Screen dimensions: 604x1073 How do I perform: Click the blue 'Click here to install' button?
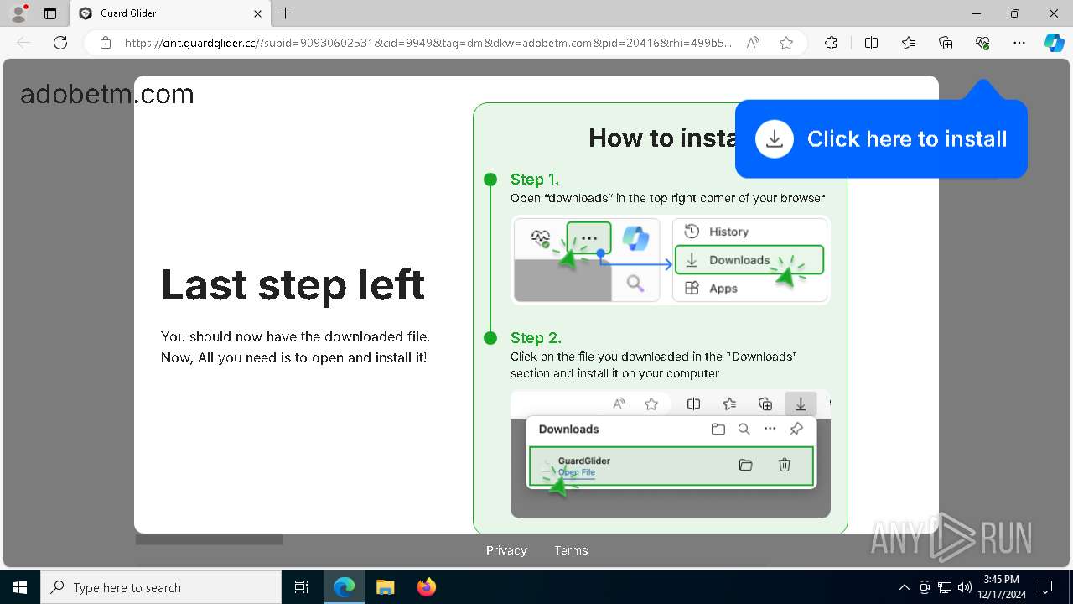pos(881,139)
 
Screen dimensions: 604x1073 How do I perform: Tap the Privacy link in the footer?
pos(506,550)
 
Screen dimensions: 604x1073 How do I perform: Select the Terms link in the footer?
pos(571,550)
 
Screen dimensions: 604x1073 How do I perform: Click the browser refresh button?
pos(60,43)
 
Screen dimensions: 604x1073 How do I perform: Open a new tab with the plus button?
pos(286,13)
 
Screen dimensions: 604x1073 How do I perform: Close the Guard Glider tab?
pos(258,13)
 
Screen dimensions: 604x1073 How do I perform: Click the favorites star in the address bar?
pos(786,43)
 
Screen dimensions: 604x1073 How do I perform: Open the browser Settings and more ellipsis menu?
pos(1019,43)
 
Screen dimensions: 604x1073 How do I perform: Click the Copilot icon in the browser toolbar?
pos(1054,43)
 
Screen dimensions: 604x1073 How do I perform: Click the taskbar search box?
pos(161,587)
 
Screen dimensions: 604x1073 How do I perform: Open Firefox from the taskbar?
pos(427,587)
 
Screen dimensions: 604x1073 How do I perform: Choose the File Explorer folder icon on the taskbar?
pos(386,587)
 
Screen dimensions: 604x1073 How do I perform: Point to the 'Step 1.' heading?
pos(534,180)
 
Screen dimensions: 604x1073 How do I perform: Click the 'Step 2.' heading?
pos(536,338)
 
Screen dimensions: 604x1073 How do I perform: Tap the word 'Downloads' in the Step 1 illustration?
pos(739,260)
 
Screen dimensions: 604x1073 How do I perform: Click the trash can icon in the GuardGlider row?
pos(785,465)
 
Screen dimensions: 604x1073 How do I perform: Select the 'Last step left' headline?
pos(293,285)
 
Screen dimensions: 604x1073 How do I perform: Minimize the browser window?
pos(976,13)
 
